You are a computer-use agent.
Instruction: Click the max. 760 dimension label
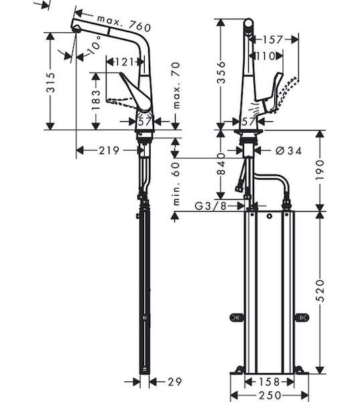coord(124,23)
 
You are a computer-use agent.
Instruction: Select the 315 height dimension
coord(50,82)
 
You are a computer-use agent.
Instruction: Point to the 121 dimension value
coord(124,62)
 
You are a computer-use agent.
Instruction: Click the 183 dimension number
coord(96,100)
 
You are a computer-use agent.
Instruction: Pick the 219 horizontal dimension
coord(109,151)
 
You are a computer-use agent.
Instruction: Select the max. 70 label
coord(176,85)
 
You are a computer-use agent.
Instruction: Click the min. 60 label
coord(176,184)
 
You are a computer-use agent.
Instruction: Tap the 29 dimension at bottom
coord(175,382)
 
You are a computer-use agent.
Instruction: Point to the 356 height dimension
coord(221,72)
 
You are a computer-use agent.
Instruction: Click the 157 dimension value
coord(272,40)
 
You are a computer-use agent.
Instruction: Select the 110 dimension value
coord(265,56)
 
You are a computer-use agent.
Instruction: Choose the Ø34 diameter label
coord(288,151)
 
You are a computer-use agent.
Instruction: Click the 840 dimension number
coord(221,164)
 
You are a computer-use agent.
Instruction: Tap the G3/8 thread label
coord(211,206)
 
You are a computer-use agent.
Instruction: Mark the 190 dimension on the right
coord(320,170)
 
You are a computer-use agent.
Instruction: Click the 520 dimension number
coord(320,291)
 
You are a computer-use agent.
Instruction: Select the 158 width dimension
coord(269,382)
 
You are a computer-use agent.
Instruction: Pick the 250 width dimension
coord(269,395)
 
